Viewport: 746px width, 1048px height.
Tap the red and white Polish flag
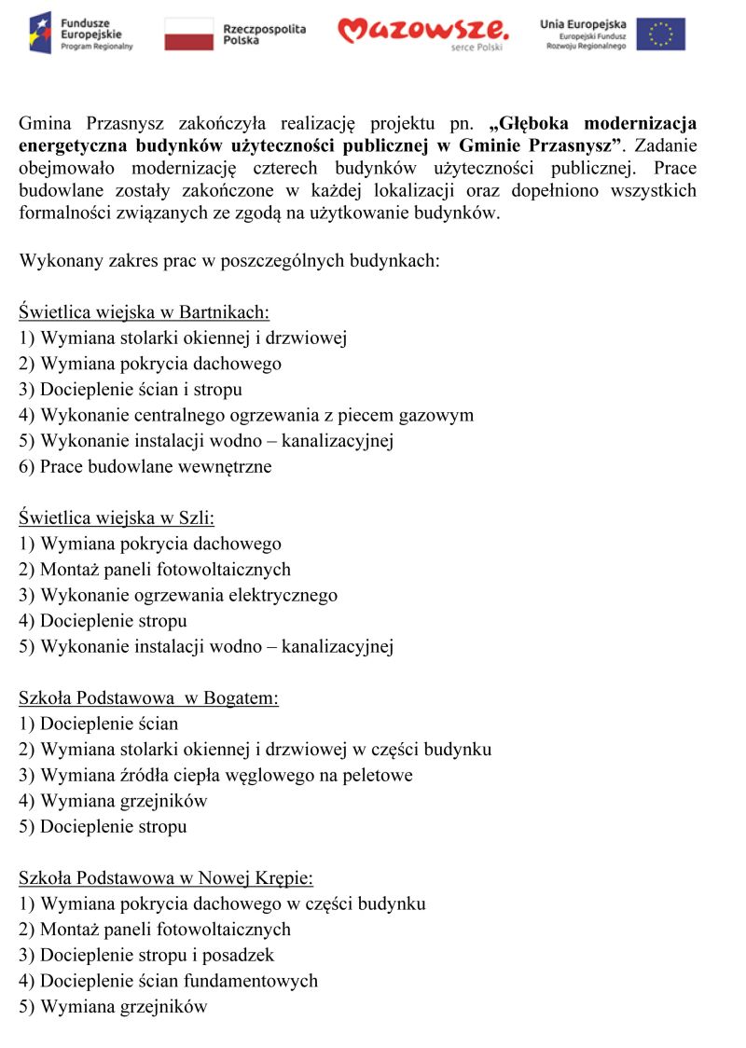pos(189,34)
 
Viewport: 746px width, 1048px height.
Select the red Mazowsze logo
pos(422,32)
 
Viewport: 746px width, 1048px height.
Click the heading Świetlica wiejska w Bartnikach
pos(144,312)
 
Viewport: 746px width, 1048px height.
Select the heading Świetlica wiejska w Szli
pos(117,517)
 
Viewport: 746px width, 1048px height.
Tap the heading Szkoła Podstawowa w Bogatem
pos(148,697)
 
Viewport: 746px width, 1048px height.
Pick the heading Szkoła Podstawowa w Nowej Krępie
pos(166,877)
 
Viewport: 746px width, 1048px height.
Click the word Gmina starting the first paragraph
pos(46,123)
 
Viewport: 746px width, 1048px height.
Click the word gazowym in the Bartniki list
pos(437,415)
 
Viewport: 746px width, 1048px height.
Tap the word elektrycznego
pos(277,595)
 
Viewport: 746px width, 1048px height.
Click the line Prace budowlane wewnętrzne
pos(145,466)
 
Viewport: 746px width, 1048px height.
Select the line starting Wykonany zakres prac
pos(228,261)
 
